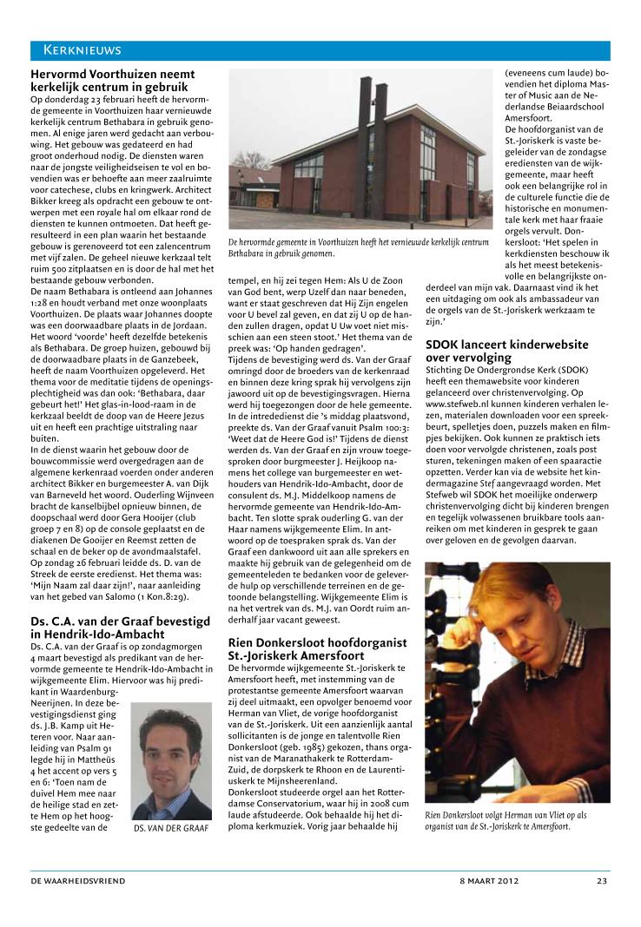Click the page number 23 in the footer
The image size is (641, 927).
coord(601,880)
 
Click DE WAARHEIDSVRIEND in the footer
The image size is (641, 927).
coord(79,880)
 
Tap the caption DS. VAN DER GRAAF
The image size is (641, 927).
coord(172,828)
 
